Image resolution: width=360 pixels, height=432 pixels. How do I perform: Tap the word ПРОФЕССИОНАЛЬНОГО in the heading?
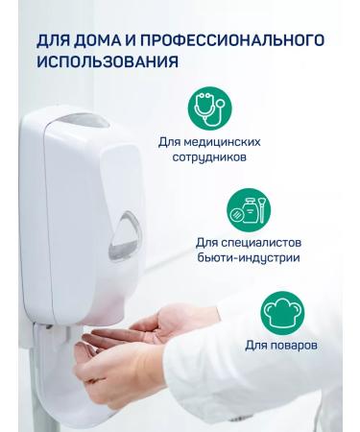pos(232,40)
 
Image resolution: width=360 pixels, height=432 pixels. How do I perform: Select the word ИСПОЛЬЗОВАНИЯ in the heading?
pos(108,61)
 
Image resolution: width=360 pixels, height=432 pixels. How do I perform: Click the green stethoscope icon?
pos(209,108)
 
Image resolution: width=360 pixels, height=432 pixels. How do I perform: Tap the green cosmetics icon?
pos(249,210)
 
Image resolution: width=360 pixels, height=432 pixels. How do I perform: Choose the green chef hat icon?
pos(282,313)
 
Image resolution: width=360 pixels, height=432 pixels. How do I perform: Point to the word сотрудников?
pos(209,157)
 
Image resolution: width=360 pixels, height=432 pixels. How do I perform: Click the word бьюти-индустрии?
pos(249,258)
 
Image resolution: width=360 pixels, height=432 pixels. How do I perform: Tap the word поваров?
pos(294,346)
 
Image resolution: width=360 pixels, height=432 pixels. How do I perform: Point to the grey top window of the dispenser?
pos(84,120)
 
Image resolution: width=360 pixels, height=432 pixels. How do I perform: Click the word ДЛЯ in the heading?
pos(52,41)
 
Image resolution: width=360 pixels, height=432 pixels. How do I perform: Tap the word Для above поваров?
pos(256,346)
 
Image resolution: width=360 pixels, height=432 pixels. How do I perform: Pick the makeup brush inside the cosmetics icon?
pos(262,210)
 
